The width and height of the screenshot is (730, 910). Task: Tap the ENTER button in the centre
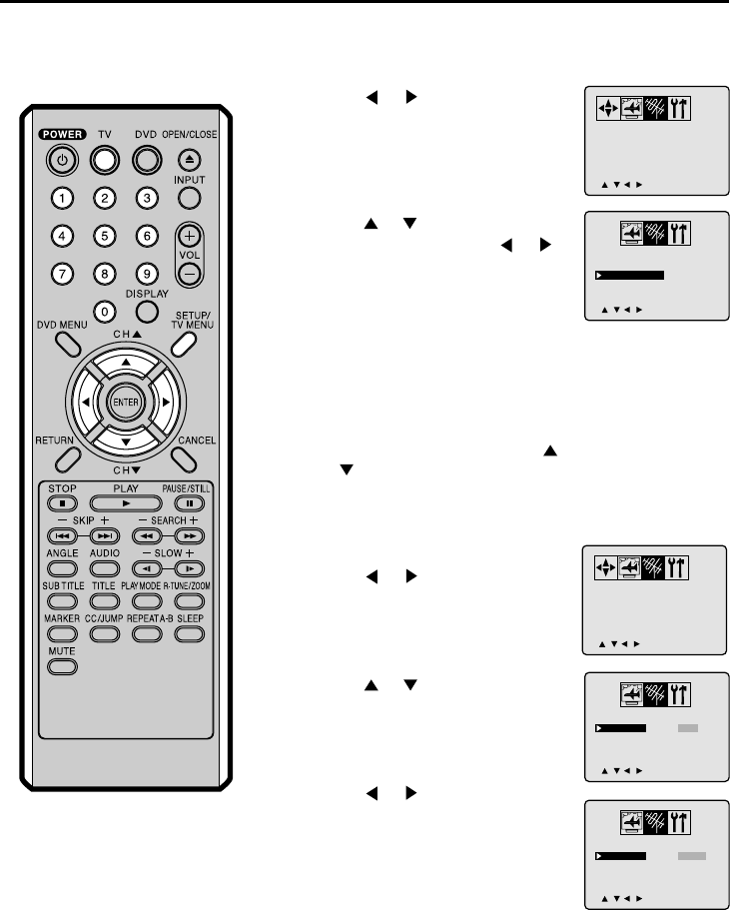(126, 402)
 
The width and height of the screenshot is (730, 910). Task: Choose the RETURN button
(66, 455)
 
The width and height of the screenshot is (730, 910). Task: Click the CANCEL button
(185, 455)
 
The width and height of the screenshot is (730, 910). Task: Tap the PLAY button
(125, 504)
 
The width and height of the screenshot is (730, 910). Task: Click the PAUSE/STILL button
(188, 504)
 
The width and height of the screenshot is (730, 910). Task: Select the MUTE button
(61, 666)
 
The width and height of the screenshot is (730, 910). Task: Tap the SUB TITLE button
(61, 601)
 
